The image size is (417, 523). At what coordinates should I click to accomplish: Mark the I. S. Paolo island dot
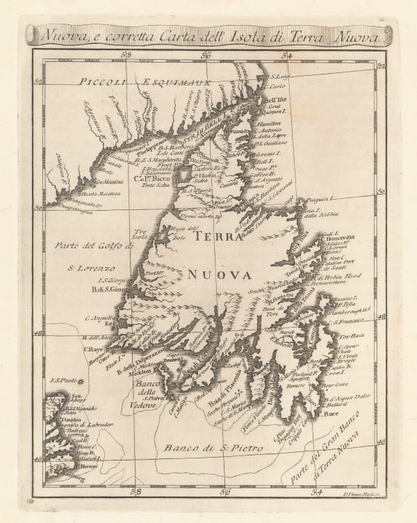[81, 381]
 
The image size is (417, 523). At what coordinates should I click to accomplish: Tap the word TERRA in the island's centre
[216, 236]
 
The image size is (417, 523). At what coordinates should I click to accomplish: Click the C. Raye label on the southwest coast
[93, 349]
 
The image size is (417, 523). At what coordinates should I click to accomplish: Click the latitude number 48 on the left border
[37, 333]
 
